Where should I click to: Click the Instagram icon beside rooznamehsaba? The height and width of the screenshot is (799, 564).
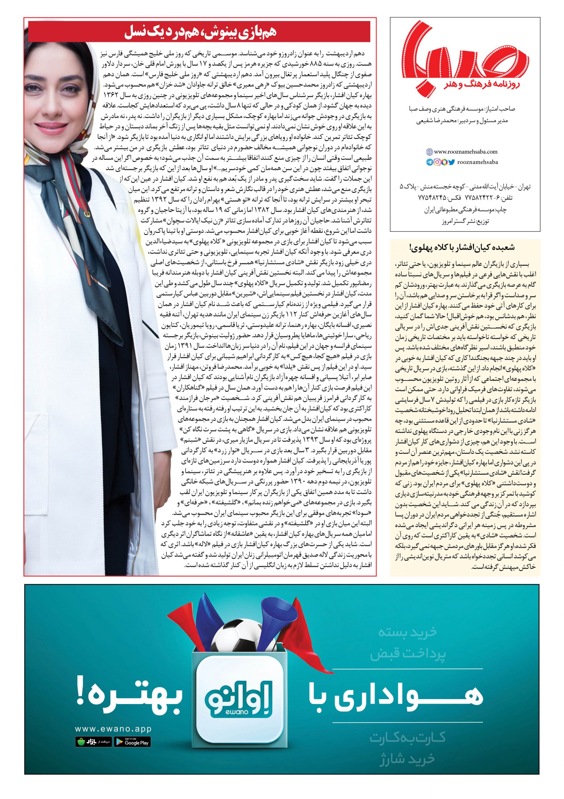click(x=437, y=162)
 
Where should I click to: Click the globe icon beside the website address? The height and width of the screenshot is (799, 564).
click(x=429, y=152)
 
